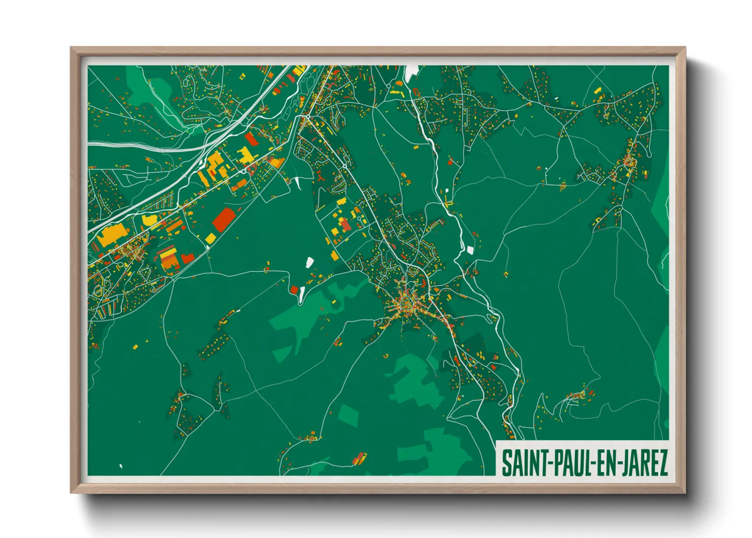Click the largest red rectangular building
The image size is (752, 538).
(x=224, y=219)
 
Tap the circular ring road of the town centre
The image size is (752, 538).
(x=406, y=305)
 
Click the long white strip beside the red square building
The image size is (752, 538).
(x=302, y=293)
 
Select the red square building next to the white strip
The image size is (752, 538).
(x=294, y=290)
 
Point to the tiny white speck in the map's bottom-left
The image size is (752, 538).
(x=121, y=465)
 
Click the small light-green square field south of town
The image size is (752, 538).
(x=349, y=415)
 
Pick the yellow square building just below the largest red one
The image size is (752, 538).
(x=210, y=237)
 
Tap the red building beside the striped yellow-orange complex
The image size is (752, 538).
(x=187, y=258)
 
